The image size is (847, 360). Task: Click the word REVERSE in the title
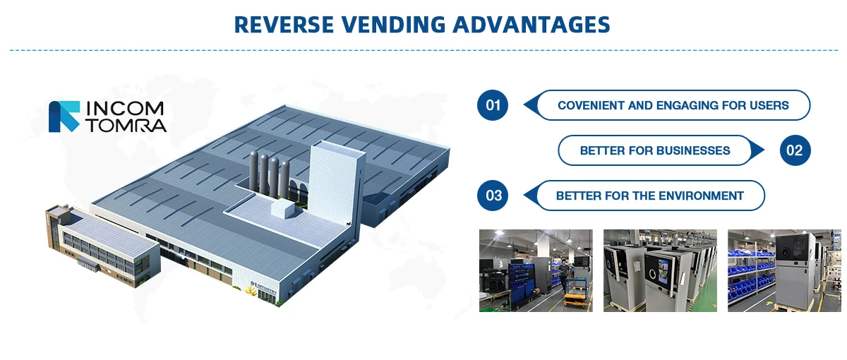pos(284,25)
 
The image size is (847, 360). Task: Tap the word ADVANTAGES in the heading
pos(531,25)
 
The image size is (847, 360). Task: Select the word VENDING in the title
pos(394,25)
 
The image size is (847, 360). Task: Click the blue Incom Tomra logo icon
pos(64,116)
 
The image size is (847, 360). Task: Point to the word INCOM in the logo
pos(125,109)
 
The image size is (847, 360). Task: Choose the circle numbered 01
pos(493,105)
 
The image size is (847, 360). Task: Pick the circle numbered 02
pos(795,150)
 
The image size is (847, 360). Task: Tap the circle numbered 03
pos(493,196)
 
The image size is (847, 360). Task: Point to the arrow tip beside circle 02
pos(764,150)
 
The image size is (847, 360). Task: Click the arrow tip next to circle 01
pos(524,105)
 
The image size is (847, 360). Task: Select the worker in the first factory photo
pos(564,275)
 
